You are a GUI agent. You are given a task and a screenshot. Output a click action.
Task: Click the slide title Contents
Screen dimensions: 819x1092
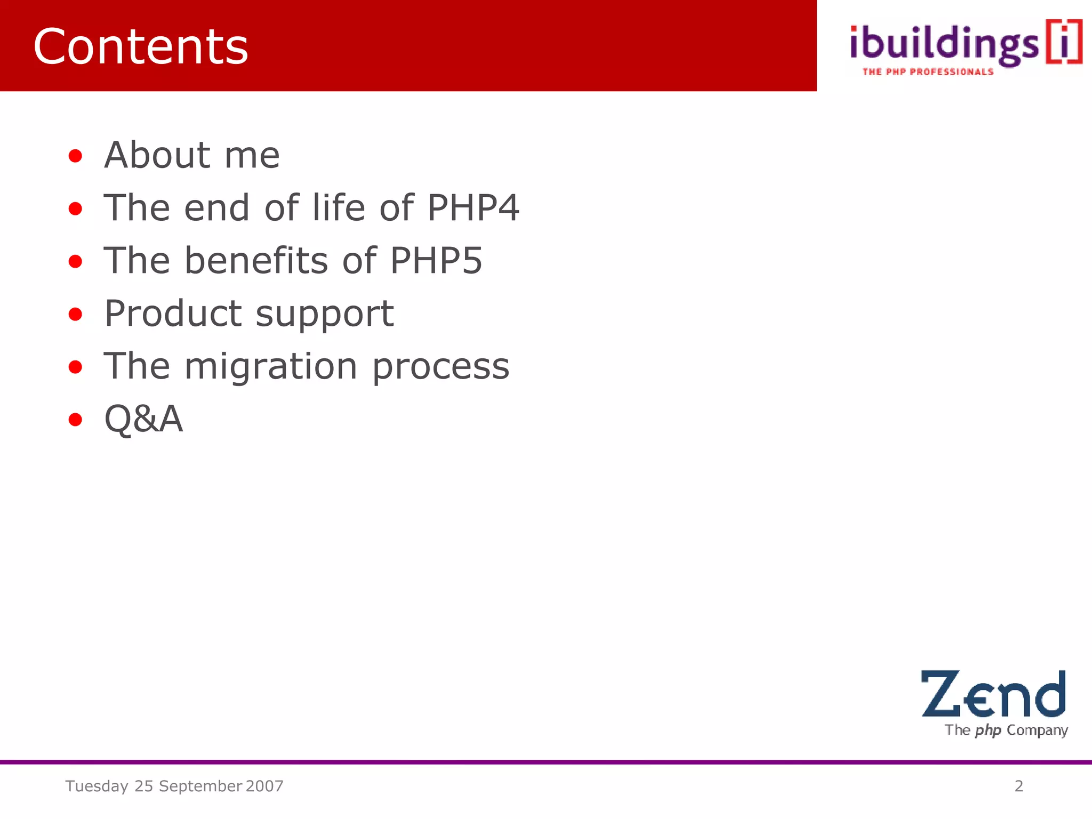pos(141,47)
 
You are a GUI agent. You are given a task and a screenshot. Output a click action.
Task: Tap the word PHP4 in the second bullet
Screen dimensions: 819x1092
pos(473,207)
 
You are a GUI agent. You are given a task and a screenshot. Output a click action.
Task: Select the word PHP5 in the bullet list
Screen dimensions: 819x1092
pos(436,260)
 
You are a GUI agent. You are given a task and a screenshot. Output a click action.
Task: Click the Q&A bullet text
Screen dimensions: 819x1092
pos(143,419)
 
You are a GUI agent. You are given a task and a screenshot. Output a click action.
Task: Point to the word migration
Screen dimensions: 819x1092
pos(271,366)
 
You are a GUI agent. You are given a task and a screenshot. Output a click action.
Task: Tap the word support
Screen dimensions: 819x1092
pos(325,315)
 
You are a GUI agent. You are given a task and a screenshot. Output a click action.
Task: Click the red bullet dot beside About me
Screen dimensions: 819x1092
pos(76,156)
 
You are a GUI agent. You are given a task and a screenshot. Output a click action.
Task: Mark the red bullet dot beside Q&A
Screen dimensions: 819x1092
pos(76,420)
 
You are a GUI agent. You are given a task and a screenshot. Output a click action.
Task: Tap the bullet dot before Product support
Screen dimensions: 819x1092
pos(76,314)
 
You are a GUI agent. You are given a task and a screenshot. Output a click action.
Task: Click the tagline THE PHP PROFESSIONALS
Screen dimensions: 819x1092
pos(928,72)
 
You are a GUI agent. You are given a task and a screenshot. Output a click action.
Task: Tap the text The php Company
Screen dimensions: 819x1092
pos(1006,730)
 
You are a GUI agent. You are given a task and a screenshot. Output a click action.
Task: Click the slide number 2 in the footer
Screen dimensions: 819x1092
pos(1018,786)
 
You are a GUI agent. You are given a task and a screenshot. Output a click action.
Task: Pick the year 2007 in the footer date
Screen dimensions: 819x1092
pos(264,786)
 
